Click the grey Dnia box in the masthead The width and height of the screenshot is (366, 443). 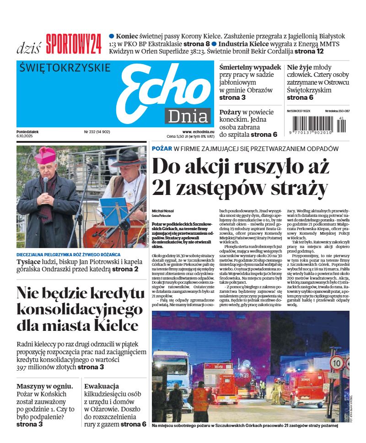click(x=188, y=116)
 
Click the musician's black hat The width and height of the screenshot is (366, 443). click(x=129, y=158)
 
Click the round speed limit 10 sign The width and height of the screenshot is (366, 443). click(x=336, y=363)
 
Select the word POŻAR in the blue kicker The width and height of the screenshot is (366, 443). click(x=161, y=149)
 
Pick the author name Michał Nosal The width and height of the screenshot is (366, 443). click(x=163, y=211)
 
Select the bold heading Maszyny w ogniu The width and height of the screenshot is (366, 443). click(x=44, y=386)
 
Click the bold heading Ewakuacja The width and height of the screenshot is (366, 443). click(x=102, y=386)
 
